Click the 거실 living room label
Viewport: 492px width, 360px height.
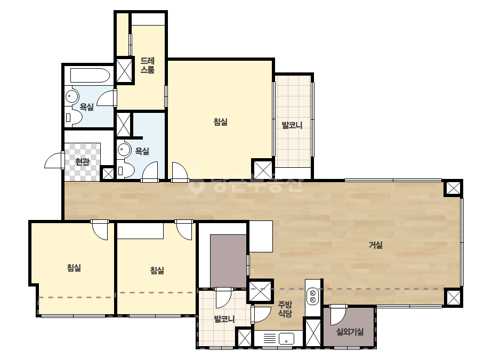tap(375, 244)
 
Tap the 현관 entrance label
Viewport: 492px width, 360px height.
tap(82, 162)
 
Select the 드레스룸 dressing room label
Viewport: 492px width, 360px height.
tap(148, 65)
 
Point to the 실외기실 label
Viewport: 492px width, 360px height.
tap(350, 331)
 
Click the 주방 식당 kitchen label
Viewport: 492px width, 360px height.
tap(285, 309)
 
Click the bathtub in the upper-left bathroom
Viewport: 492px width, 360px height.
tap(90, 75)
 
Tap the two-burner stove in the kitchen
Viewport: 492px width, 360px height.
tap(312, 296)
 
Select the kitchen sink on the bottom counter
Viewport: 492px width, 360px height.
tap(286, 339)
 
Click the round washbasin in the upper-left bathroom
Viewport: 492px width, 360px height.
tap(72, 96)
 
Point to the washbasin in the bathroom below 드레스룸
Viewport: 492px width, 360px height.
tap(124, 150)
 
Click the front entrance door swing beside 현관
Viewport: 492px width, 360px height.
tap(54, 160)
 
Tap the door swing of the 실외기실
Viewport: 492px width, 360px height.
tap(338, 315)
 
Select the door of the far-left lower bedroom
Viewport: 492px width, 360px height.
tap(100, 230)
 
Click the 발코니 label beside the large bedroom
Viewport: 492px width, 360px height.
tap(292, 126)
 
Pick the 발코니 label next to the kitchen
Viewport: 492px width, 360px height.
tap(224, 319)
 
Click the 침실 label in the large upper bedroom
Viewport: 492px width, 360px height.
tap(220, 121)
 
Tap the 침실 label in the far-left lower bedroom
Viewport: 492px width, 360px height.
tap(74, 267)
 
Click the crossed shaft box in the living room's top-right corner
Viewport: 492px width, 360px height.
tap(453, 188)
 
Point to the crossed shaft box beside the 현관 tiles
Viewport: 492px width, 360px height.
tap(108, 174)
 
